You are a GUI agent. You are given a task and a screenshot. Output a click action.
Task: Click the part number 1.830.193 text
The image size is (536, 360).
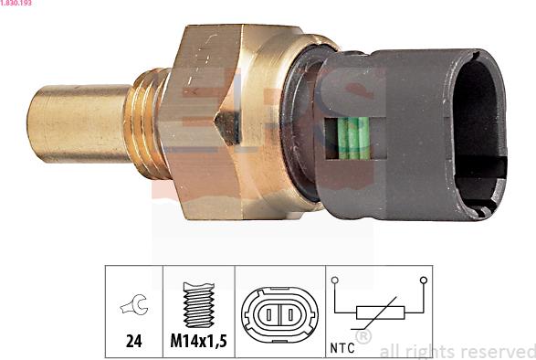click(16, 3)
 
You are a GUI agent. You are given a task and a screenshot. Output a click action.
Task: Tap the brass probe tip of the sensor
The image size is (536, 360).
click(79, 123)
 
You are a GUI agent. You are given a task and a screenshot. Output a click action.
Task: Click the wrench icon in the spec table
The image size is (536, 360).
click(134, 304)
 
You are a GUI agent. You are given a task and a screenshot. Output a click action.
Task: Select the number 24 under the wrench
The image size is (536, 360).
click(133, 341)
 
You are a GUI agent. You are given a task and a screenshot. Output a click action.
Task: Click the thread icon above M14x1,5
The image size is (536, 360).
click(199, 304)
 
